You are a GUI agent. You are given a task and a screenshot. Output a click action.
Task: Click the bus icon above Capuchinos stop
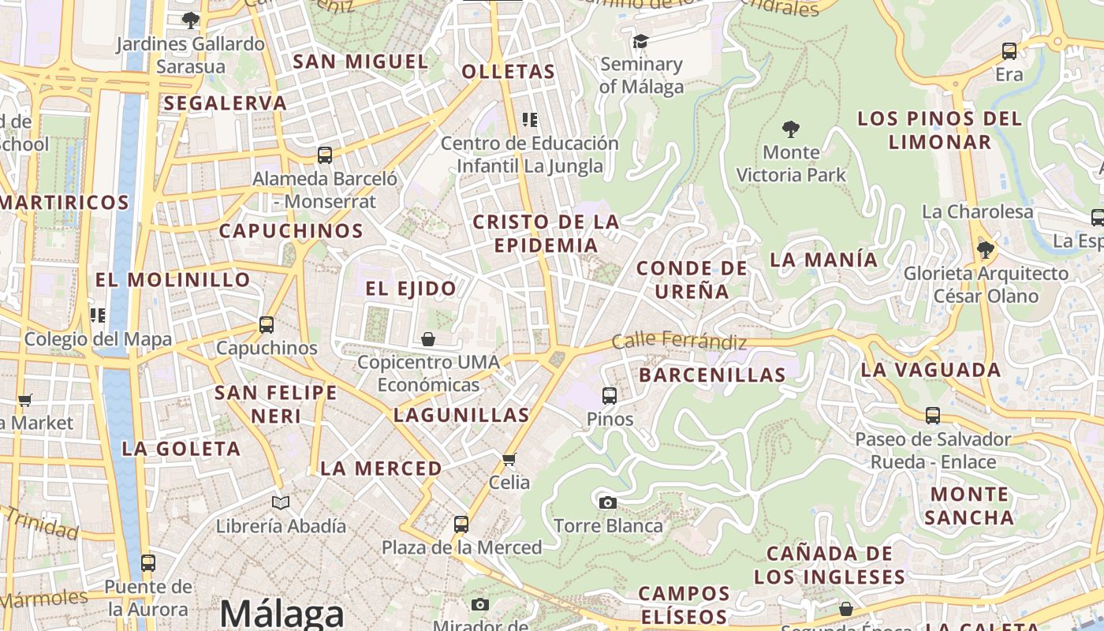(x=267, y=325)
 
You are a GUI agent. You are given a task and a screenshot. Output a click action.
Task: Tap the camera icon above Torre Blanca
(x=607, y=502)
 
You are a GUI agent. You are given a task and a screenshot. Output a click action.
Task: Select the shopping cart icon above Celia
(x=509, y=459)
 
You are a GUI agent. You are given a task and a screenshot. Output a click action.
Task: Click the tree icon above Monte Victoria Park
(x=790, y=129)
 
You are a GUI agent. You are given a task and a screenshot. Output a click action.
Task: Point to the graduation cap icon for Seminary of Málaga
(x=640, y=41)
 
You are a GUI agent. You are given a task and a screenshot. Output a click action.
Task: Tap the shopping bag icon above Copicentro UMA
(x=427, y=340)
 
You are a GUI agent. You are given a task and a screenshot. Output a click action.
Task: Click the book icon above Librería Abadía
(x=281, y=502)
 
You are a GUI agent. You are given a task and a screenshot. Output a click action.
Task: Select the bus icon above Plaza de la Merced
(x=461, y=525)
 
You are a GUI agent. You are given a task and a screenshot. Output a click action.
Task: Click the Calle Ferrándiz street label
(x=679, y=342)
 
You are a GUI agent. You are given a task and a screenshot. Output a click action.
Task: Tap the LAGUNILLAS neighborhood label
(x=461, y=415)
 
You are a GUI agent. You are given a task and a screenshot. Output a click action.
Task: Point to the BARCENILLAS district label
(x=712, y=375)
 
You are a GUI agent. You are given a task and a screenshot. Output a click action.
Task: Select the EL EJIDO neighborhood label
(x=411, y=289)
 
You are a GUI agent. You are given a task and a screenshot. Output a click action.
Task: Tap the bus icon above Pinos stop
(x=610, y=396)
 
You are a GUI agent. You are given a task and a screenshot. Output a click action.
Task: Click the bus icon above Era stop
(x=1009, y=52)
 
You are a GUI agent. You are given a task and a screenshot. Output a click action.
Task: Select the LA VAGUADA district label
(x=931, y=370)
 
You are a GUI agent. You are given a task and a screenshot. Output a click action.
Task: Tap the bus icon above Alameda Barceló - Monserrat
(x=324, y=155)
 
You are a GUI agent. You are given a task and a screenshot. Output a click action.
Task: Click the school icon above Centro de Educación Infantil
(x=530, y=120)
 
